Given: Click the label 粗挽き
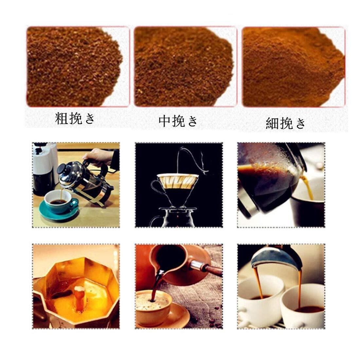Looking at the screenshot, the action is (x=75, y=118).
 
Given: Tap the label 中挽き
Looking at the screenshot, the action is (x=178, y=121).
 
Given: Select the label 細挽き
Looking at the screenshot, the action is (x=285, y=123).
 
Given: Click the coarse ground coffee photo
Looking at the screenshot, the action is (x=78, y=66).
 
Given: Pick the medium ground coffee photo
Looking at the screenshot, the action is (x=185, y=66).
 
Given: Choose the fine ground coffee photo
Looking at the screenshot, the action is (x=294, y=67).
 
